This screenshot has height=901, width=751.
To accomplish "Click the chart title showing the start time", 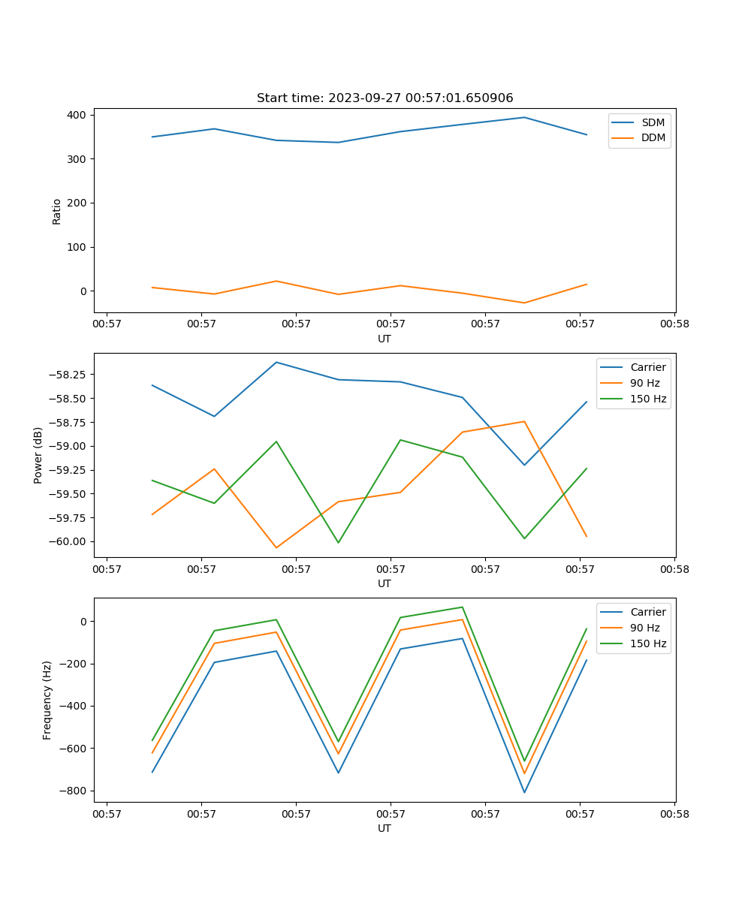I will pyautogui.click(x=385, y=98).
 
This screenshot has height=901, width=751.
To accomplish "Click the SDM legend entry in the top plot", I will pyautogui.click(x=653, y=122).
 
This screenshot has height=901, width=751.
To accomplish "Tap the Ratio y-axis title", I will pyautogui.click(x=57, y=211).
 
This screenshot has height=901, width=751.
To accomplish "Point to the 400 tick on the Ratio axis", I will pyautogui.click(x=77, y=115).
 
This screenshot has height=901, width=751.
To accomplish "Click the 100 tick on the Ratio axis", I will pyautogui.click(x=77, y=247).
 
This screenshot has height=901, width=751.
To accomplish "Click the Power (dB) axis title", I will pyautogui.click(x=38, y=455).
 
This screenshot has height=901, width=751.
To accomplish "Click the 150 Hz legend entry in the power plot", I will pyautogui.click(x=648, y=399).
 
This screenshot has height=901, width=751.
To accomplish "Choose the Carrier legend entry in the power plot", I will pyautogui.click(x=647, y=367).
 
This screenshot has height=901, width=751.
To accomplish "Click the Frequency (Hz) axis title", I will pyautogui.click(x=47, y=700).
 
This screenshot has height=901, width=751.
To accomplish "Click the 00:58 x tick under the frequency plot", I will pyautogui.click(x=674, y=813).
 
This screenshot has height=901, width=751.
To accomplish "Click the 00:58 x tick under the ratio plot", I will pyautogui.click(x=674, y=324).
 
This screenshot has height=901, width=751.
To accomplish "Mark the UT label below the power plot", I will pyautogui.click(x=385, y=583).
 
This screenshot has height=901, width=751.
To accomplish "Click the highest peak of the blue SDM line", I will pyautogui.click(x=524, y=117).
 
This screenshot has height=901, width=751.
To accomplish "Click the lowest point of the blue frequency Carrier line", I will pyautogui.click(x=524, y=792).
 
